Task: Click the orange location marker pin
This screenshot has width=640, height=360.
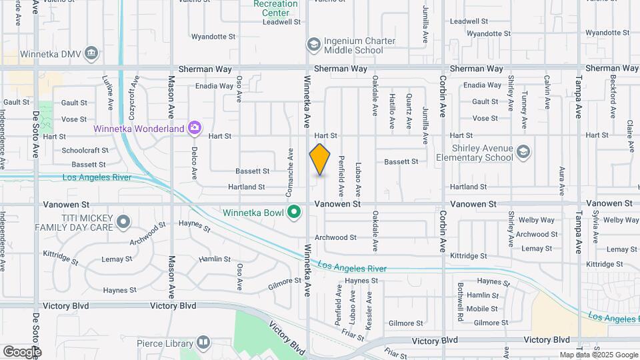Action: pyautogui.click(x=320, y=159)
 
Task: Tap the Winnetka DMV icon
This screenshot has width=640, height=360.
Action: pyautogui.click(x=92, y=53)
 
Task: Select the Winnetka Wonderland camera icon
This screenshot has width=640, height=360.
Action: pyautogui.click(x=194, y=127)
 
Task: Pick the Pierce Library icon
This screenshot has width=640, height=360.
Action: pyautogui.click(x=203, y=343)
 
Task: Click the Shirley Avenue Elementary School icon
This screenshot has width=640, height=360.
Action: pyautogui.click(x=523, y=153)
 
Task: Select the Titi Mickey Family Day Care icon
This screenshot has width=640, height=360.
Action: pyautogui.click(x=123, y=221)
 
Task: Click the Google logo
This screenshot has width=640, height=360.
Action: pyautogui.click(x=21, y=351)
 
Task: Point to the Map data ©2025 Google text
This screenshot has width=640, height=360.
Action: pyautogui.click(x=598, y=355)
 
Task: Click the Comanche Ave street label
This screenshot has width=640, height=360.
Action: pyautogui.click(x=290, y=172)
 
